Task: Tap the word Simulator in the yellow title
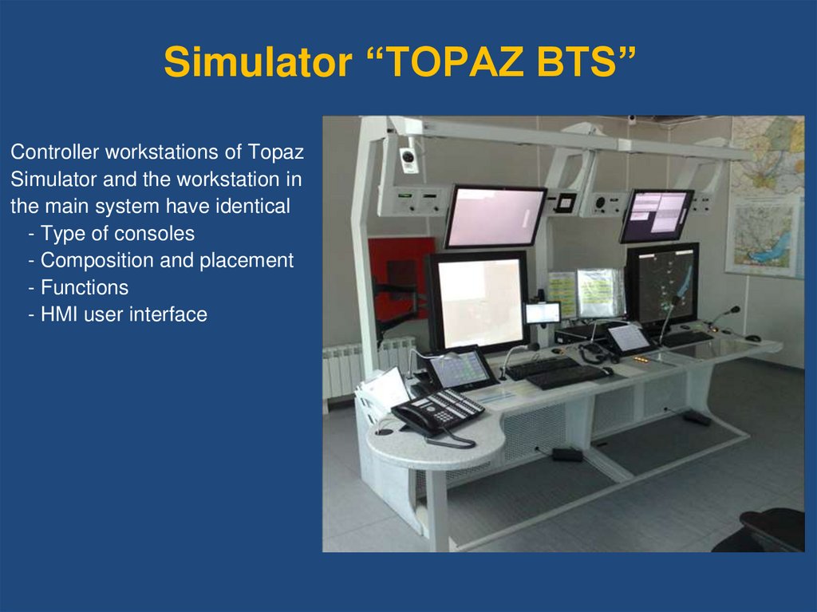(258, 61)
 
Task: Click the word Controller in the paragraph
(55, 152)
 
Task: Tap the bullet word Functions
(85, 288)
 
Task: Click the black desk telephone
(439, 411)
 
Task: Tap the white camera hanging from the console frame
(408, 159)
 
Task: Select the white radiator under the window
(365, 368)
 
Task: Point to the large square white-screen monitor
(480, 302)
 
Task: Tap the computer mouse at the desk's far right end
(752, 338)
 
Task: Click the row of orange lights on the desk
(641, 360)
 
